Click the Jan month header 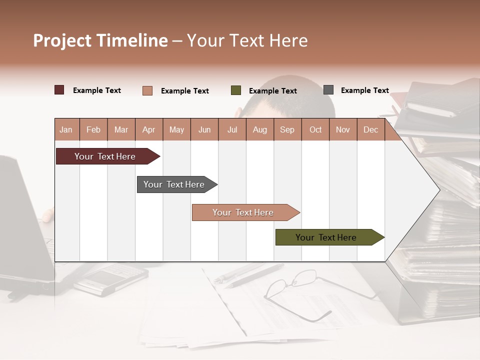pos(66,129)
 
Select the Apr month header pos(149,129)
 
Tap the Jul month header pos(232,129)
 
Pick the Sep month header pos(287,129)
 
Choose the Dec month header pos(370,129)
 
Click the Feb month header pos(93,129)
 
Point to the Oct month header pos(315,129)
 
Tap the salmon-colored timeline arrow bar pos(243,212)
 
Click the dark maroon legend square pos(59,90)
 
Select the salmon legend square pos(147,90)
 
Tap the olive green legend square pos(236,90)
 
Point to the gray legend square pos(328,90)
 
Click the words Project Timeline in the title pos(100,40)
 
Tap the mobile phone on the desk pos(111,277)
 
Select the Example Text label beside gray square pos(364,90)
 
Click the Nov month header pos(343,129)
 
